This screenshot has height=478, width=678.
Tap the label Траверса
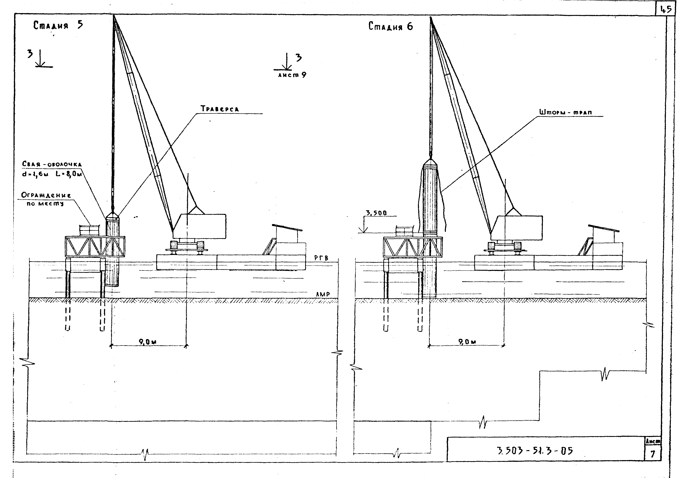[220, 109]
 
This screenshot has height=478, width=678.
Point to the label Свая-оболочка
[52, 164]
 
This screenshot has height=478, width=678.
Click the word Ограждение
[46, 195]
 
